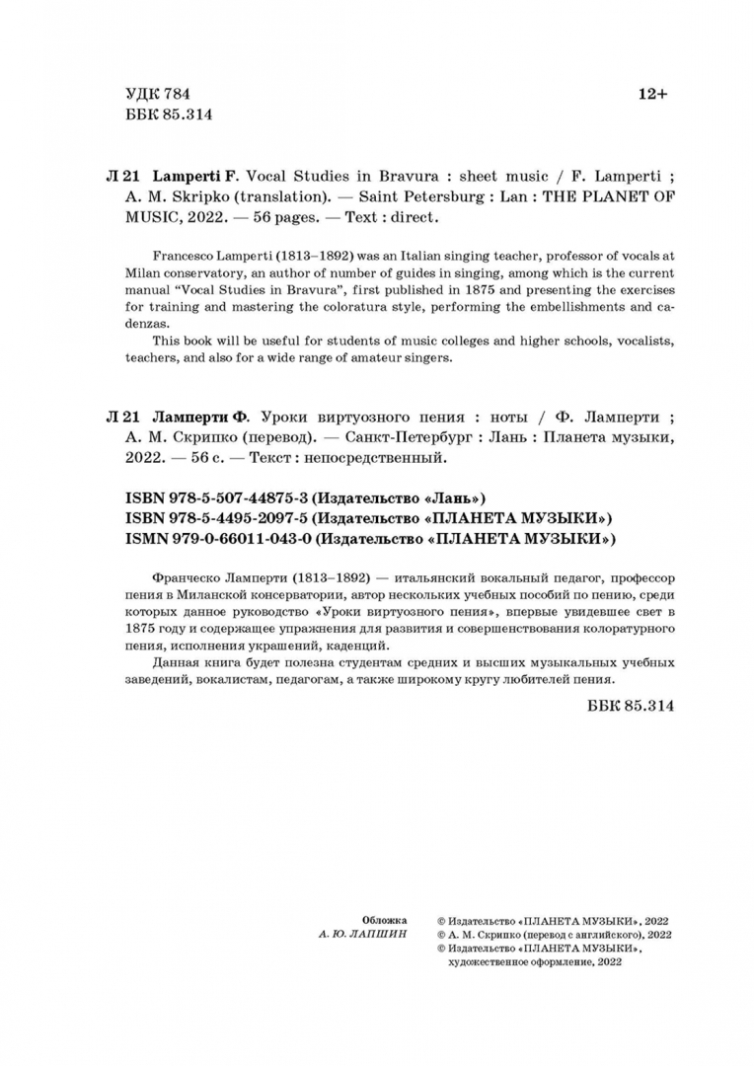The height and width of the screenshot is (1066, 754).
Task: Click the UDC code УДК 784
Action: point(157,94)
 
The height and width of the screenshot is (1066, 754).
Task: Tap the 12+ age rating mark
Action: point(652,94)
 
